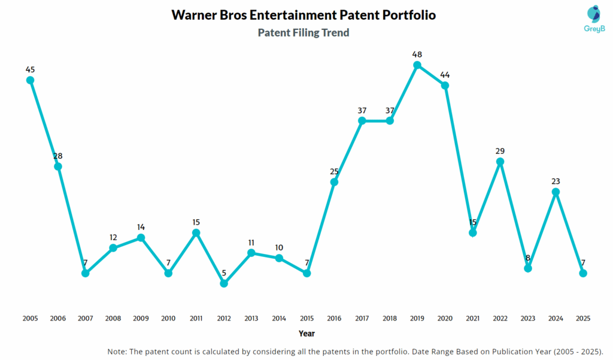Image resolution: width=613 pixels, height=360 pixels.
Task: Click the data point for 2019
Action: tap(417, 65)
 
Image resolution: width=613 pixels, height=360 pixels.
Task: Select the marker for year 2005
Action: tap(30, 80)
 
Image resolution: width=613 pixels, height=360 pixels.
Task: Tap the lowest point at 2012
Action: tap(224, 283)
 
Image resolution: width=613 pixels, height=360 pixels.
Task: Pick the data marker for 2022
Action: tap(500, 162)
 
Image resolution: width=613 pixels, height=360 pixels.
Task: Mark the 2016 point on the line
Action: tap(335, 181)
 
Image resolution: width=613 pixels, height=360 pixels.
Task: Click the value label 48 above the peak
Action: tap(417, 55)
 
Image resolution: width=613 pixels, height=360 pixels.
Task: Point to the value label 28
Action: tap(57, 156)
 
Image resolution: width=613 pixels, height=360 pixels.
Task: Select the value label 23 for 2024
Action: tap(556, 181)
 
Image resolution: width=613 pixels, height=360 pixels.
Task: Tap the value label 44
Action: tap(445, 75)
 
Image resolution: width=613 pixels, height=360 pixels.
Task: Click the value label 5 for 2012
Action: tap(224, 273)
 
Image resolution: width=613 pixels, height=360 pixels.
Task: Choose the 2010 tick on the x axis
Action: tap(168, 319)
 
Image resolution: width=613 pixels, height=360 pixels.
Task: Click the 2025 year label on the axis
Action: tap(583, 319)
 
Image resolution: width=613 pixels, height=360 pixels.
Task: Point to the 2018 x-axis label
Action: tap(390, 319)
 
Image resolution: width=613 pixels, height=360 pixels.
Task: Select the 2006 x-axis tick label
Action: tap(57, 319)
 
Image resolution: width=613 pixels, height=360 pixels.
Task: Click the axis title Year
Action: tap(306, 334)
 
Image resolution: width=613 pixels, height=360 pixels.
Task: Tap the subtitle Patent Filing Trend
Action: tap(304, 33)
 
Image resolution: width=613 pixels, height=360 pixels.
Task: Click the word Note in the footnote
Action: tap(118, 351)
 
